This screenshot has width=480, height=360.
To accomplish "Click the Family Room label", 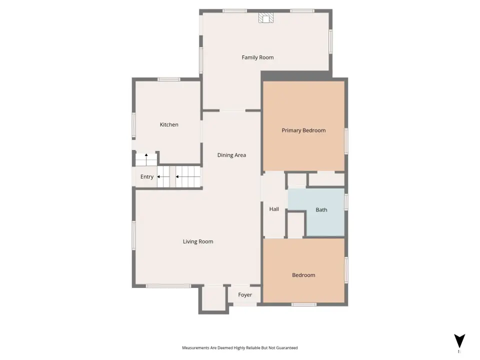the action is click(x=257, y=57).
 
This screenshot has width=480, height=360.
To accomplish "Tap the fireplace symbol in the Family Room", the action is click(x=265, y=18).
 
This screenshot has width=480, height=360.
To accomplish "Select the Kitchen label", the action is click(x=169, y=124).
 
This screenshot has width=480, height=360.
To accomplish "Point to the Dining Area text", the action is click(x=231, y=155).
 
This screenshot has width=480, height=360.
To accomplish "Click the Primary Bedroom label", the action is click(x=303, y=130).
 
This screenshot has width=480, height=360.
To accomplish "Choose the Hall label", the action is click(x=274, y=209).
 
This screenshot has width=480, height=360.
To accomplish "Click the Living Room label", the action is click(x=198, y=241).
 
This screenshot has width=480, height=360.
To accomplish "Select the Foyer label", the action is click(x=245, y=295).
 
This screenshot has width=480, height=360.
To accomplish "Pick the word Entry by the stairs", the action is click(x=147, y=177).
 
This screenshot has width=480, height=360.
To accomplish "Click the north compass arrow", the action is click(x=459, y=341).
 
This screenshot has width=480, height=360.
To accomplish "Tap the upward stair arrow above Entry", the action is click(x=146, y=159).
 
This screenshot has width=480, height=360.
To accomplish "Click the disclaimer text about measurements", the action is click(x=239, y=348).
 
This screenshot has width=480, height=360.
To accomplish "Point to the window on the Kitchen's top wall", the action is click(x=168, y=79).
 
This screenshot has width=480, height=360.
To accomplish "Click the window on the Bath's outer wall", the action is click(x=346, y=202).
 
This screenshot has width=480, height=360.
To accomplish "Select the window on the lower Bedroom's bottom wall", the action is click(x=303, y=304).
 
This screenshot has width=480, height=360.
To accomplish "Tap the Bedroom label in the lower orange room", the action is click(x=303, y=275).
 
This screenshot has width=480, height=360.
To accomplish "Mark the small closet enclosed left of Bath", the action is click(x=295, y=224).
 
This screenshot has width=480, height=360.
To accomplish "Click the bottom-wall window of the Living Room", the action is click(x=168, y=286).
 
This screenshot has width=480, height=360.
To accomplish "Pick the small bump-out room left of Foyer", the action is click(x=213, y=298).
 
